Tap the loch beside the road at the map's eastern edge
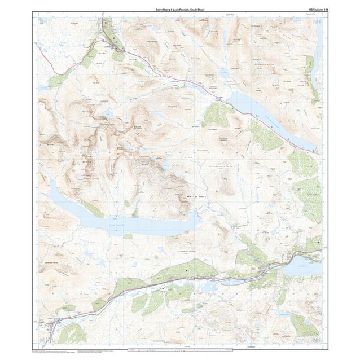pos(302,265)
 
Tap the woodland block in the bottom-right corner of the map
pos(304,324)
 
